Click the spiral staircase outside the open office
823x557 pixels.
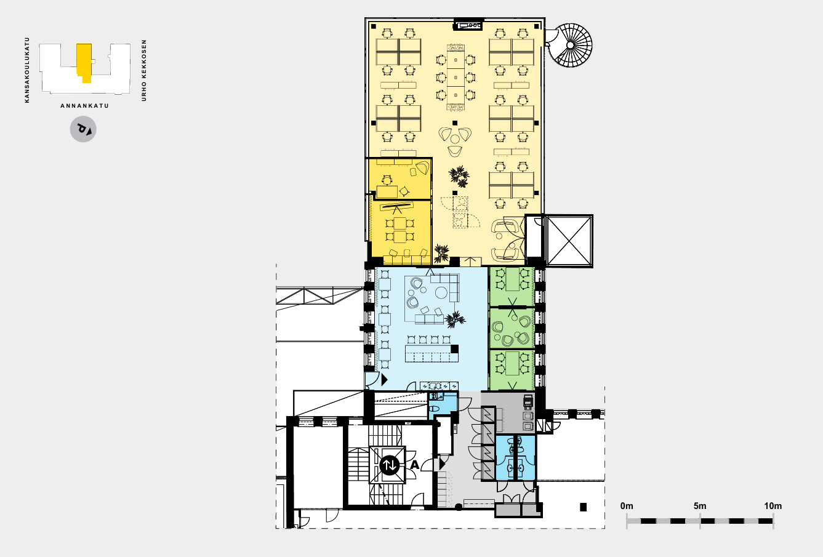click(570, 45)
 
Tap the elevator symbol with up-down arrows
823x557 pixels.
click(390, 465)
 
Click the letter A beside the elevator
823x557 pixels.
click(414, 465)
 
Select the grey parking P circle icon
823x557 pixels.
click(83, 129)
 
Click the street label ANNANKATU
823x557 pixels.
click(84, 106)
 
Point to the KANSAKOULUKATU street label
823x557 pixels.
click(27, 70)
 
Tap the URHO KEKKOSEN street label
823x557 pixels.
click(144, 71)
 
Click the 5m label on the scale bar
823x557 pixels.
click(700, 506)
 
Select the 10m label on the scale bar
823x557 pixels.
click(773, 506)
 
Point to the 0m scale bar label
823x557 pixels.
click(627, 506)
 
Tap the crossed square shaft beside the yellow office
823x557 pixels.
click(569, 241)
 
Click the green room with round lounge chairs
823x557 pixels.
click(512, 328)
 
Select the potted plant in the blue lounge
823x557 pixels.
click(455, 319)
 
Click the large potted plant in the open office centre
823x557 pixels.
click(459, 177)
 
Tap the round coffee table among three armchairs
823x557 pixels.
click(455, 139)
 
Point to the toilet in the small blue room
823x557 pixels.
click(435, 409)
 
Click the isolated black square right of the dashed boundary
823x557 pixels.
click(583, 507)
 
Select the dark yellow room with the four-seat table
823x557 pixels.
click(400, 232)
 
